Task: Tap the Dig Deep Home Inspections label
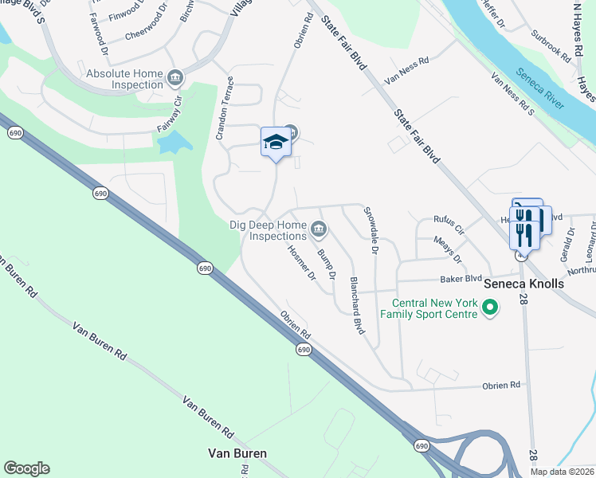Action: [x=269, y=230]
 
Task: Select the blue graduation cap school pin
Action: [x=275, y=143]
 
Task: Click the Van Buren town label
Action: [x=237, y=453]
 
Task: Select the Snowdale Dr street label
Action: [x=371, y=231]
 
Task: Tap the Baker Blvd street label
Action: [x=462, y=280]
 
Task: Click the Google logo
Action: [x=26, y=468]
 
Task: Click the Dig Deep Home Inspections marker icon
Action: [x=318, y=230]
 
